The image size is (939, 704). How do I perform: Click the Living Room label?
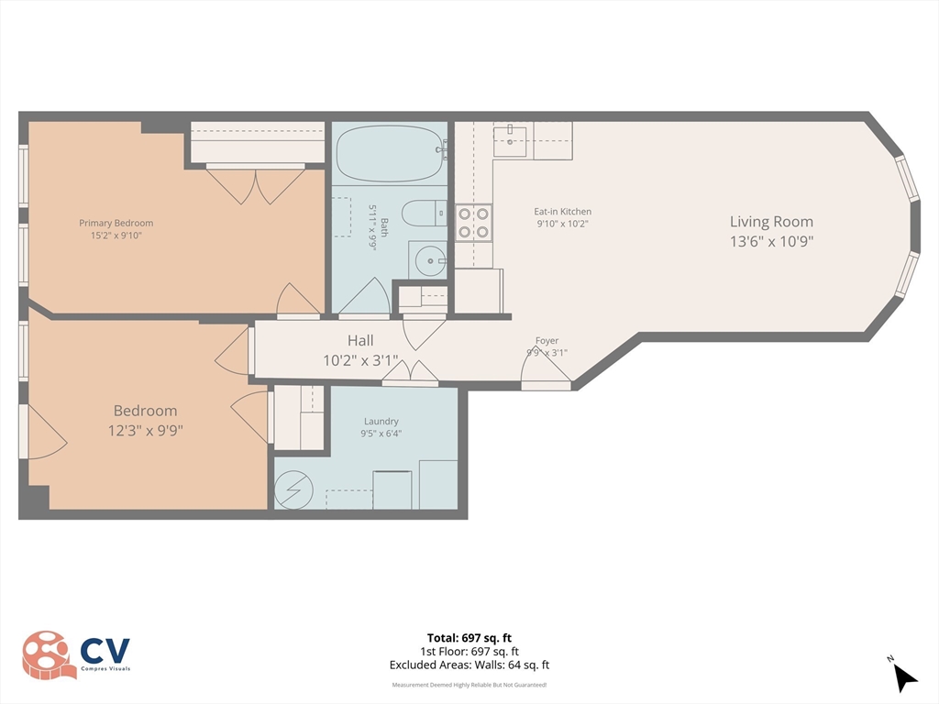[771, 221]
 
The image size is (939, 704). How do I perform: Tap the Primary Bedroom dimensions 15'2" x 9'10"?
[116, 236]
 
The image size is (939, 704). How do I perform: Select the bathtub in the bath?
[389, 153]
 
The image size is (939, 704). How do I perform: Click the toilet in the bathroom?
[424, 214]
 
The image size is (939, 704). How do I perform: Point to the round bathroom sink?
[426, 259]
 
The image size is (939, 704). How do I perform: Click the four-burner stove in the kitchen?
[474, 223]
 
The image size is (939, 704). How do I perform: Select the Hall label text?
[359, 340]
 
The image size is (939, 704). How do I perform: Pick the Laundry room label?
[381, 422]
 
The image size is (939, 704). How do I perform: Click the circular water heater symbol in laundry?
[295, 489]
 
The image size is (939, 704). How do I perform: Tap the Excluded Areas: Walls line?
[469, 665]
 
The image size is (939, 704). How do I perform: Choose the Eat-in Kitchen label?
[562, 212]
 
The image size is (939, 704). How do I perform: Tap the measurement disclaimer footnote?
[469, 685]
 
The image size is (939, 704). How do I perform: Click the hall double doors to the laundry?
[410, 373]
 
